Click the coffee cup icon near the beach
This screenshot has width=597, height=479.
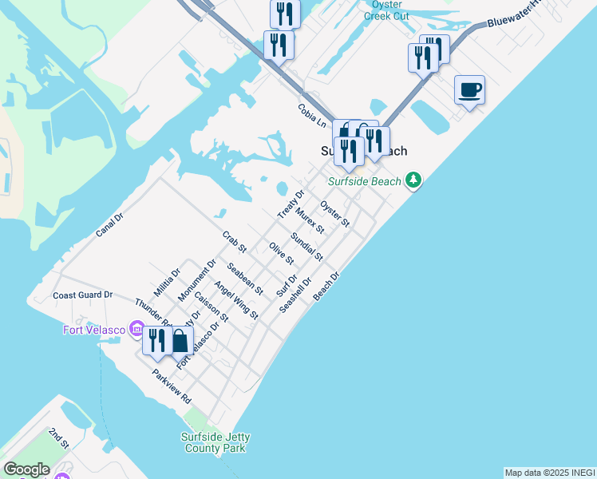[x=469, y=89]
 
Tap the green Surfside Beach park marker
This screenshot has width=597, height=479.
[x=413, y=180]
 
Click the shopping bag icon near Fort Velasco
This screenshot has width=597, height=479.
[x=180, y=341]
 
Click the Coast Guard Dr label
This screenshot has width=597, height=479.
[x=89, y=295]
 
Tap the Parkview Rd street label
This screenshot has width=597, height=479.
[x=172, y=386]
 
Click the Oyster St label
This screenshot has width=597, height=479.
[x=334, y=213]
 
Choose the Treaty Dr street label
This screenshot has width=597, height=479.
[x=291, y=204]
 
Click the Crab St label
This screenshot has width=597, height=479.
[x=235, y=242]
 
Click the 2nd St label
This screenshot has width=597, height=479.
[x=58, y=437]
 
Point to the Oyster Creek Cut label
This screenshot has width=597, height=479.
[x=387, y=10]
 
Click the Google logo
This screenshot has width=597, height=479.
[x=26, y=469]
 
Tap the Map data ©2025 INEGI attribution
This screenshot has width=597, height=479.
[x=549, y=473]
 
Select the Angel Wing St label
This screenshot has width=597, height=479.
[x=235, y=300]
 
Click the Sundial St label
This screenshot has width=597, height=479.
[x=306, y=247]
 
